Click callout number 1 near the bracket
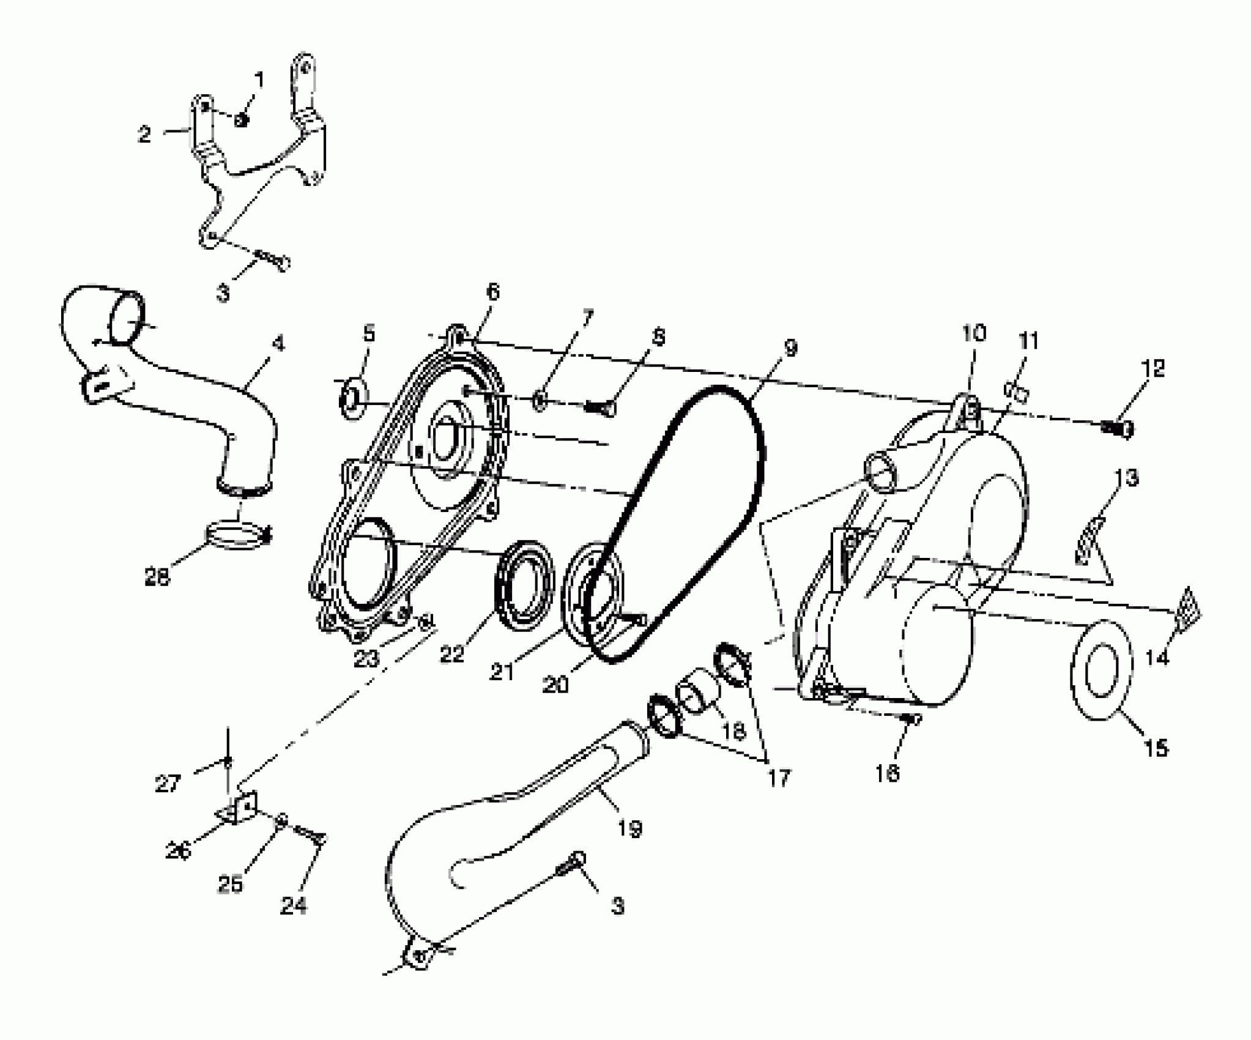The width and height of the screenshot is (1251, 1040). click(259, 80)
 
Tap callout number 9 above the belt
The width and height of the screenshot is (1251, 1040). click(790, 349)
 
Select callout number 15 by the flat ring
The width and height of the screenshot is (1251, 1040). click(1156, 748)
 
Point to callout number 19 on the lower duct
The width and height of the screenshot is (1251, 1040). click(630, 829)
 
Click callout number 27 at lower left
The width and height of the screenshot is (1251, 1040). click(169, 784)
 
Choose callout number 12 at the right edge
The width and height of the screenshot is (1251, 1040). click(1152, 368)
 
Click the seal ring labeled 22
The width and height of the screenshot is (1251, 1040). click(523, 583)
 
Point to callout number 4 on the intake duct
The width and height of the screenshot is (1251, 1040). click(278, 344)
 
